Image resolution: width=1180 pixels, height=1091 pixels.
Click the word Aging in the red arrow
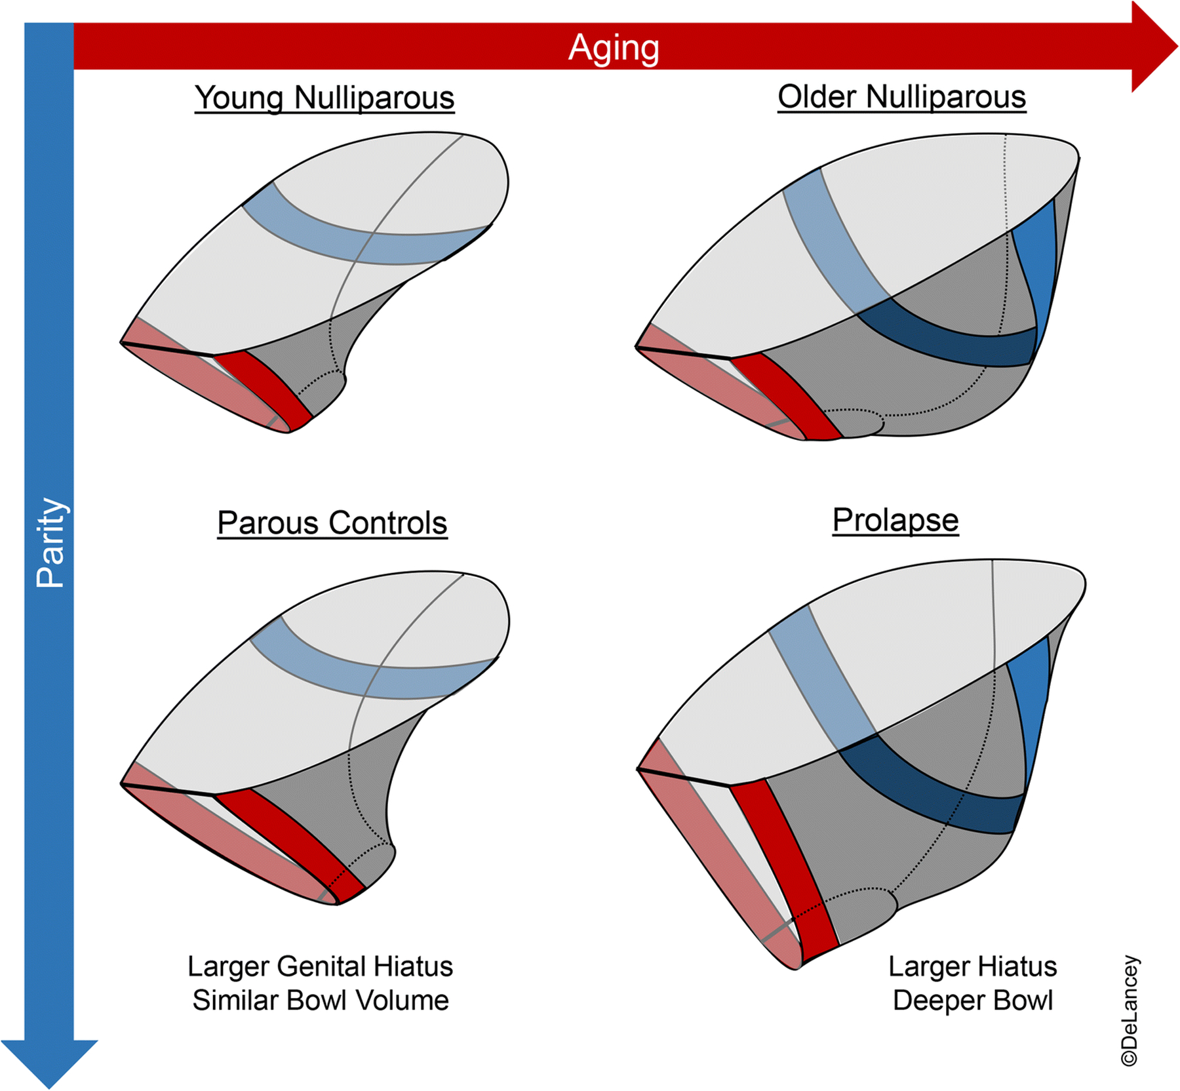tap(614, 47)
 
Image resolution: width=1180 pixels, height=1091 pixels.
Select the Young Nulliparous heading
tap(324, 98)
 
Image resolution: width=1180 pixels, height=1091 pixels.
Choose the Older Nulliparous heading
tap(901, 97)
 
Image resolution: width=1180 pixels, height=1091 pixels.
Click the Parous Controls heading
tap(332, 523)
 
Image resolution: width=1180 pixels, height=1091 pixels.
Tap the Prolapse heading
tap(895, 520)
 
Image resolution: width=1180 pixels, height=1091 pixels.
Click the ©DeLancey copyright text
tap(1129, 1010)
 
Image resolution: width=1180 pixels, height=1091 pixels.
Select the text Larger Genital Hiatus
tap(320, 966)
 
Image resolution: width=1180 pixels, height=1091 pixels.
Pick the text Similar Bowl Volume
tap(320, 1001)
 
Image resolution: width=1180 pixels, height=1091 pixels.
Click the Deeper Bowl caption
tap(973, 1001)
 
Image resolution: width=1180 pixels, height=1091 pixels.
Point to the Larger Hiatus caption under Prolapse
tap(973, 966)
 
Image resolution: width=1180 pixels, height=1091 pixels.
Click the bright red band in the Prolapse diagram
tap(783, 865)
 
